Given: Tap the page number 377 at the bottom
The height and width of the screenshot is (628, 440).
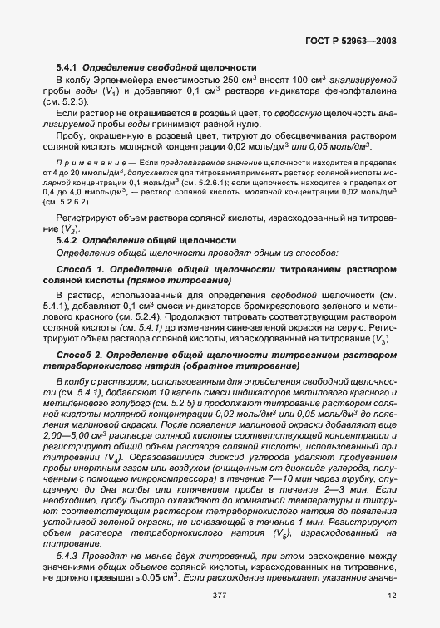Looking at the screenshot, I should point(220,596).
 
